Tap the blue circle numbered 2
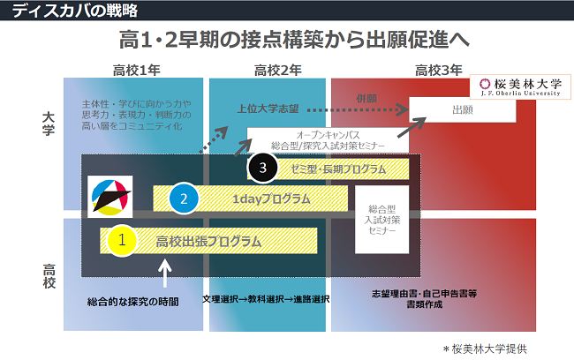coord(184,199)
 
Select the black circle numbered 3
coord(263,168)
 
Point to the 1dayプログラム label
coord(271,199)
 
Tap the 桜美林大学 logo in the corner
coord(519,86)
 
